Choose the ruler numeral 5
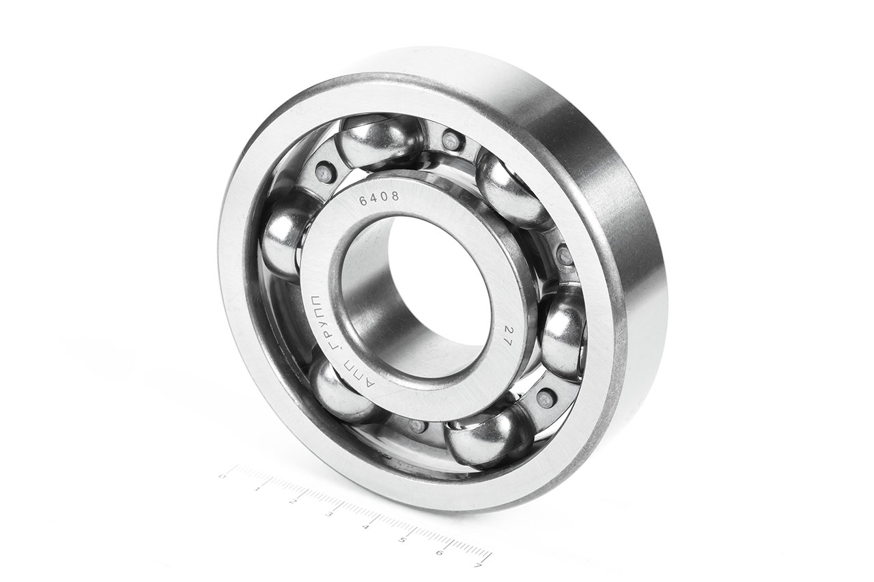pos(402,540)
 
